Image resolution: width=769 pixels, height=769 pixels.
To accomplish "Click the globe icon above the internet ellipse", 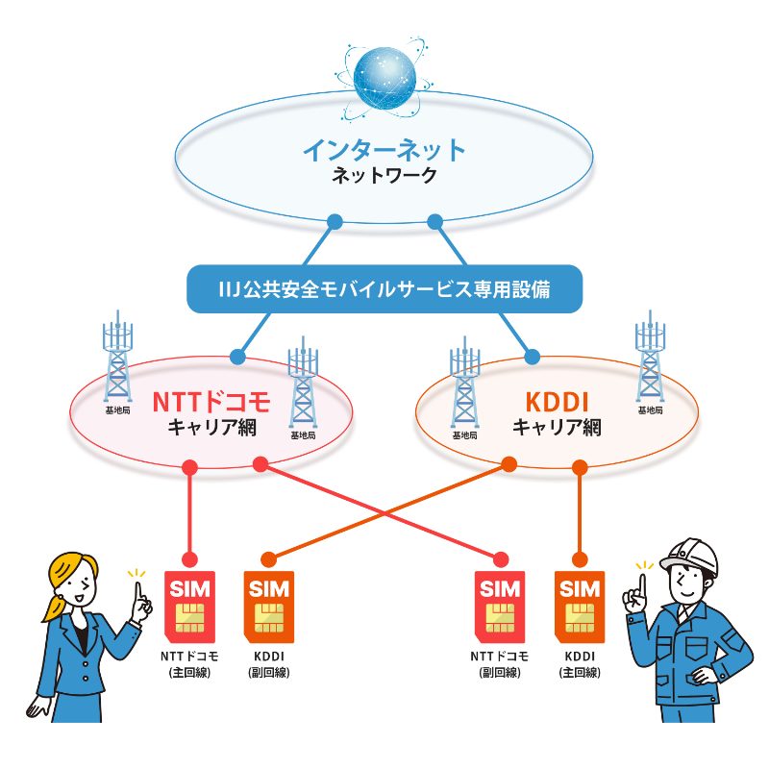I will (384, 81).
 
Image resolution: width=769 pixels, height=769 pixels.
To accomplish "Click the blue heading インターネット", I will (384, 151).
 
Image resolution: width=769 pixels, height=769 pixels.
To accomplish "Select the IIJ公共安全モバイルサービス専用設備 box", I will (384, 287).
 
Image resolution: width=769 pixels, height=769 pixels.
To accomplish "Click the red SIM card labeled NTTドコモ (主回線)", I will (190, 606).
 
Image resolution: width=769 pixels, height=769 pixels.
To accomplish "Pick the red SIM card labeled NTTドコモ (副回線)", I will (501, 606).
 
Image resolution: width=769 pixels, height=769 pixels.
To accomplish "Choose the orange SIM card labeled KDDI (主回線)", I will (580, 606).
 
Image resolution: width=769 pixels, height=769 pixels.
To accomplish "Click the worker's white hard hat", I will (689, 555).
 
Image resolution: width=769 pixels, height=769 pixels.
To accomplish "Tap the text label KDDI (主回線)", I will (580, 665).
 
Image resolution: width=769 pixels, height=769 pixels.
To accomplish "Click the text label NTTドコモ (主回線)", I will (190, 665).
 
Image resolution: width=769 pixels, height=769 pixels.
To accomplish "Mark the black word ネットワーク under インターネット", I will (384, 177).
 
